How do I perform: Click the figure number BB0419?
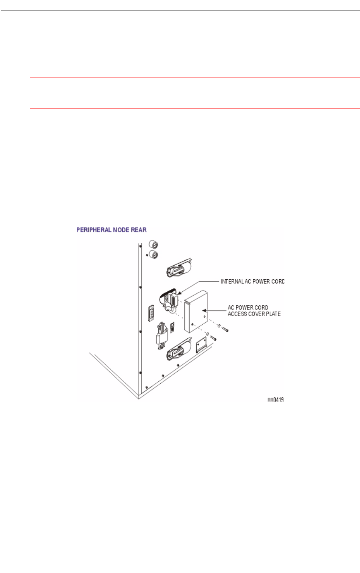(x=278, y=400)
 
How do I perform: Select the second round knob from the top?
(x=153, y=254)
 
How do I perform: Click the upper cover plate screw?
(x=225, y=329)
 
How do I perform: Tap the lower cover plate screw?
(x=213, y=339)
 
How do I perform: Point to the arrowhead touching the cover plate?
(x=205, y=310)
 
